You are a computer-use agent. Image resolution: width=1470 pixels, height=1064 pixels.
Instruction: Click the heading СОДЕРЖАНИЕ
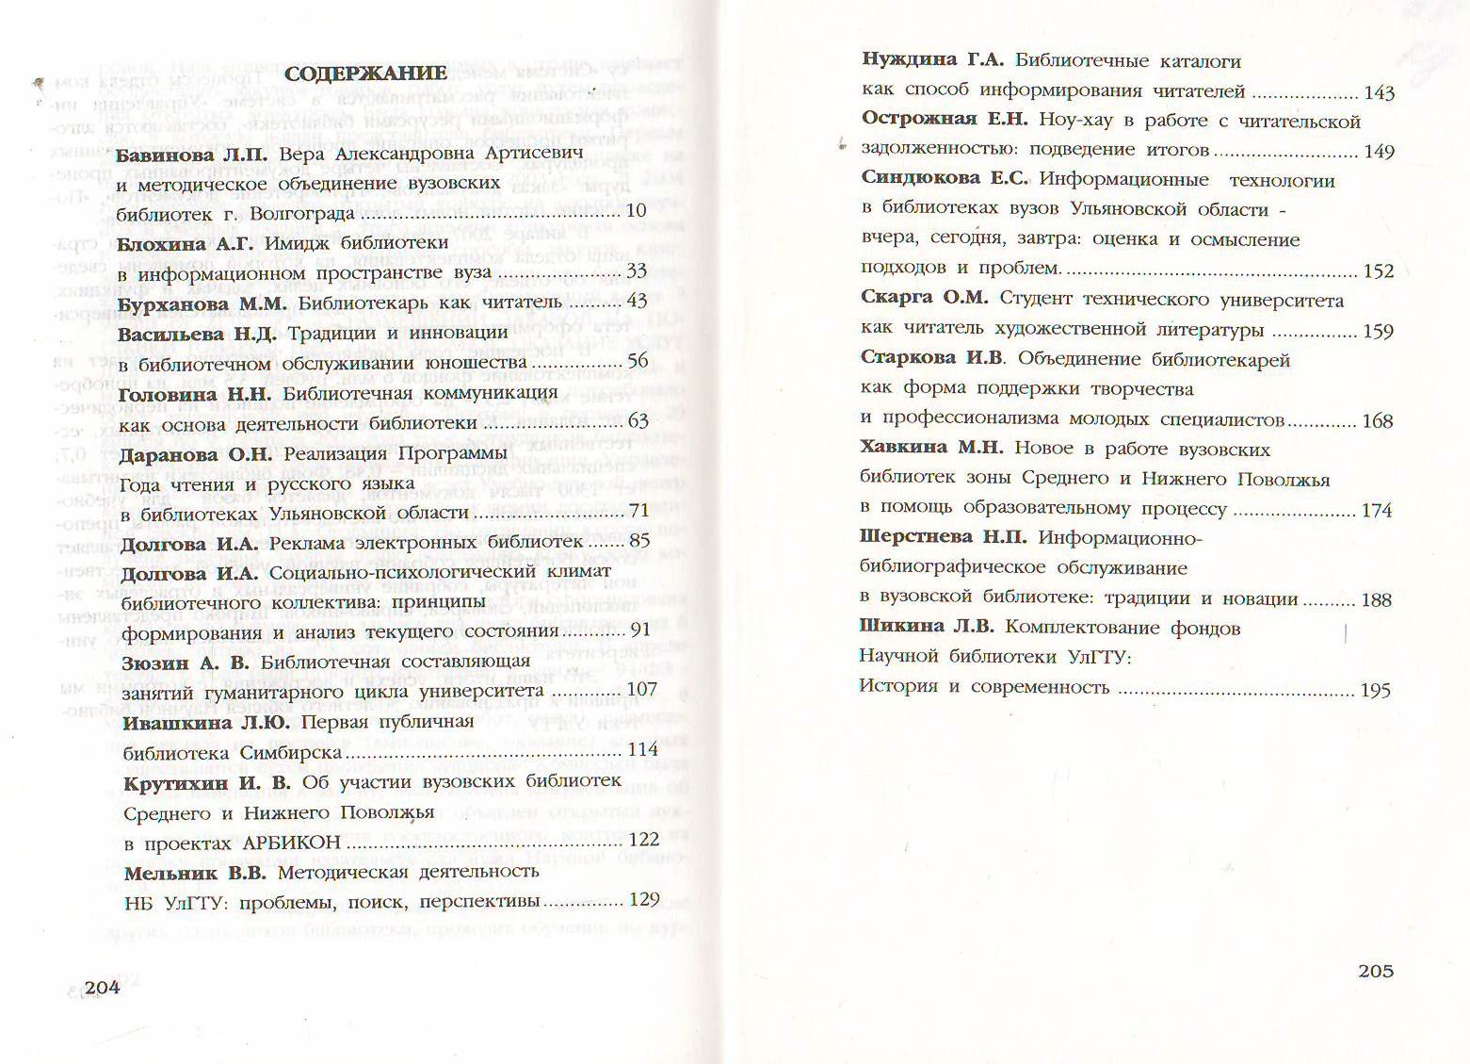tap(365, 74)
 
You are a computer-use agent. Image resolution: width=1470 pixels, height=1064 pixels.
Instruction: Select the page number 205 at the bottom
tap(1375, 971)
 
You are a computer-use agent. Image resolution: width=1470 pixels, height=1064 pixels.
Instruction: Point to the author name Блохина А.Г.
tap(186, 243)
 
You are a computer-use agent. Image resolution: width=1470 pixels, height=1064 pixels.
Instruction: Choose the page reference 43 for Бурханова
tap(637, 302)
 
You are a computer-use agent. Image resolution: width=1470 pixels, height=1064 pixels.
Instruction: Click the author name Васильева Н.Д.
tap(198, 334)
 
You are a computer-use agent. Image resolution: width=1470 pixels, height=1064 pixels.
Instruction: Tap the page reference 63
tap(638, 421)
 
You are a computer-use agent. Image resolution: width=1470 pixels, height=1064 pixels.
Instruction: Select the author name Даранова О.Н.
tap(195, 454)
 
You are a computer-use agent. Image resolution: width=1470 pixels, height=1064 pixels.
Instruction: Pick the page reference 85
tap(639, 542)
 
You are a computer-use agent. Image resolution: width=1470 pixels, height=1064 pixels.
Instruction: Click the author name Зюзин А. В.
tap(185, 663)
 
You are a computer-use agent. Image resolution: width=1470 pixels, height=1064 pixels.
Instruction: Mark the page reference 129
tap(643, 899)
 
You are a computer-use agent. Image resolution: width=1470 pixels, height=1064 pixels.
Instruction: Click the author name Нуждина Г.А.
tap(932, 60)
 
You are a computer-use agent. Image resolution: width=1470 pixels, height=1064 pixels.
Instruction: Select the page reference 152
tap(1379, 271)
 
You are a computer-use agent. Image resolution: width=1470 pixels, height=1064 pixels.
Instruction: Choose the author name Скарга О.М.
tap(924, 299)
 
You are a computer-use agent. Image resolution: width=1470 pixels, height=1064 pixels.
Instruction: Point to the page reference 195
tap(1376, 691)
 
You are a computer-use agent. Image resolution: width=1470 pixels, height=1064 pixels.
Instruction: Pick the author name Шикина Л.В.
tap(926, 627)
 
